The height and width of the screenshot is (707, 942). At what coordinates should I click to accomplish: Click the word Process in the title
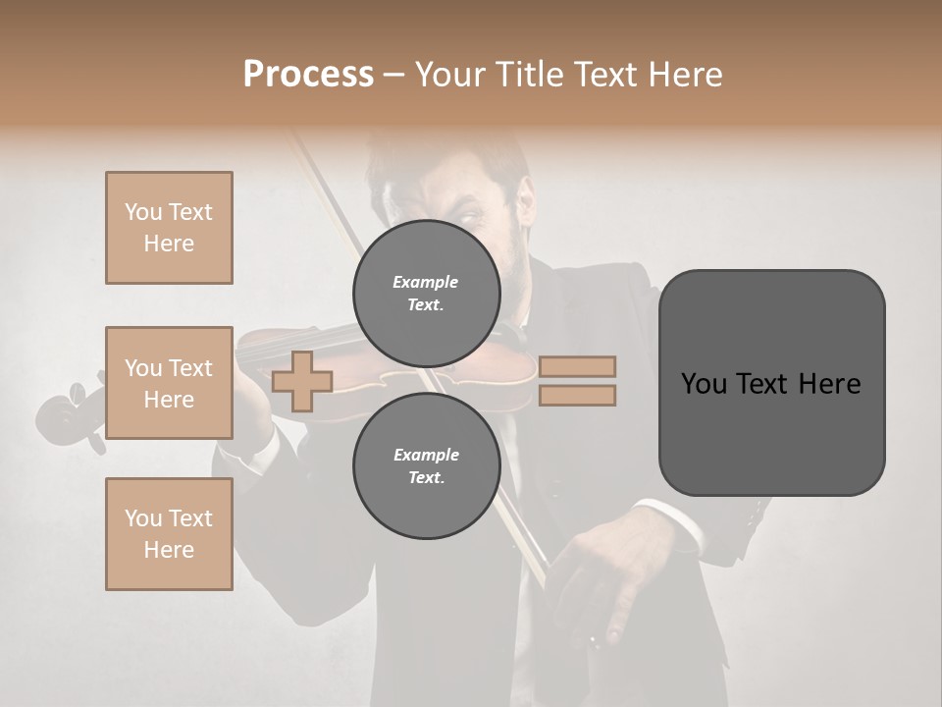click(308, 75)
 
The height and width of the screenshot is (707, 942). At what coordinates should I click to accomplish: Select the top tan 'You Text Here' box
click(169, 228)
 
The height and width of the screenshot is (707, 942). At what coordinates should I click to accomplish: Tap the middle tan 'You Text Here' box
click(169, 383)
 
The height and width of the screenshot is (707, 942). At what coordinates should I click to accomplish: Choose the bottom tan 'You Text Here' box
click(169, 534)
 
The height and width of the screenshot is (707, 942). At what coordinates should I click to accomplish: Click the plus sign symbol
click(302, 381)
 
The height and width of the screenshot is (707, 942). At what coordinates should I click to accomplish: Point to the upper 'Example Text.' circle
click(426, 293)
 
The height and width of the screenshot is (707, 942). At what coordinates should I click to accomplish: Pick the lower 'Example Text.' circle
click(426, 465)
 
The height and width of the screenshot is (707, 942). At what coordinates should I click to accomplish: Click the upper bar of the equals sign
click(577, 366)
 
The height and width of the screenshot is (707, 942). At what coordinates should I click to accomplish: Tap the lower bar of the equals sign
click(577, 395)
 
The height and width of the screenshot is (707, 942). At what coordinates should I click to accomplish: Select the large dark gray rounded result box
click(771, 383)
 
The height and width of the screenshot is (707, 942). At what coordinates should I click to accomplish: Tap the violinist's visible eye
click(469, 214)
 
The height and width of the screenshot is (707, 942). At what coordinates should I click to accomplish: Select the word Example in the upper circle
click(426, 282)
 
